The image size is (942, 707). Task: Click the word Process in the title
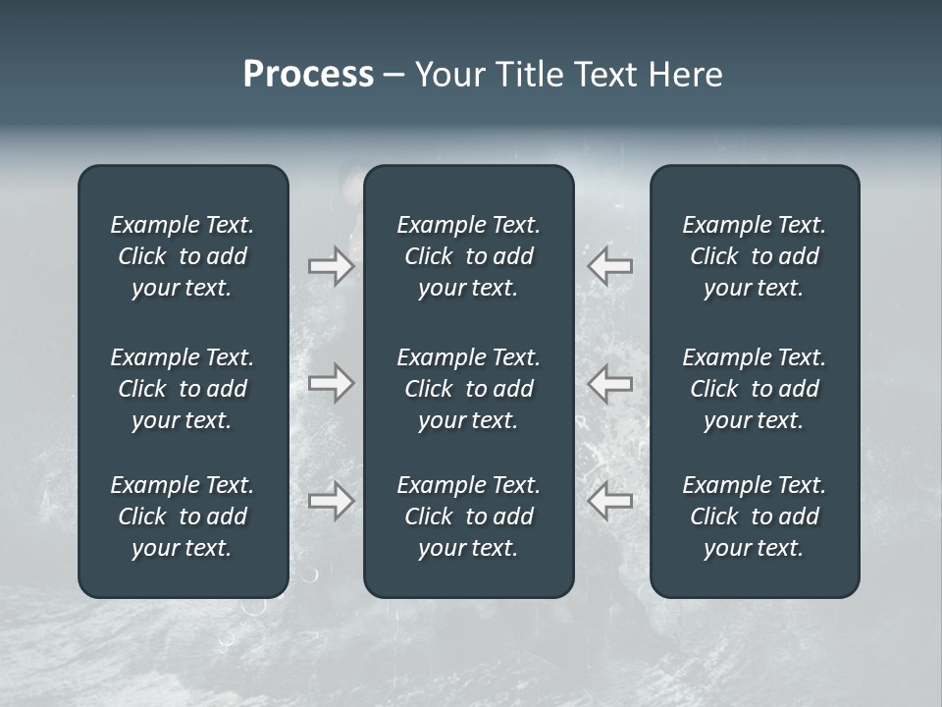(x=308, y=75)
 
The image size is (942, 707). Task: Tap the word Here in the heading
(x=685, y=75)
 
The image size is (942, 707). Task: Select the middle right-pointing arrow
(x=331, y=383)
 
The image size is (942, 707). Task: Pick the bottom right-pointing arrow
(x=331, y=501)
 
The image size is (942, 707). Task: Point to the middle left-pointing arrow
(x=610, y=383)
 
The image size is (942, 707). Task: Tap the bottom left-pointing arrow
(x=610, y=501)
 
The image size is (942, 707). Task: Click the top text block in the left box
(x=183, y=256)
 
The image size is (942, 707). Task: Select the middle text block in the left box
(x=183, y=389)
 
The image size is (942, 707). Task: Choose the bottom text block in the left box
(x=183, y=517)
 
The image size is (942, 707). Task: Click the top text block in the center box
(x=468, y=256)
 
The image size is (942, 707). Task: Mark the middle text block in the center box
(x=468, y=389)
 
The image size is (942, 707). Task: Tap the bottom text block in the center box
(x=468, y=517)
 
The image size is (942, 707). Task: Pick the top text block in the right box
(x=754, y=256)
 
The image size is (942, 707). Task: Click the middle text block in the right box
(x=754, y=389)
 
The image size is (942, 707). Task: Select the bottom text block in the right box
(x=754, y=517)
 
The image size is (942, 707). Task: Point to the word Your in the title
(x=445, y=75)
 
